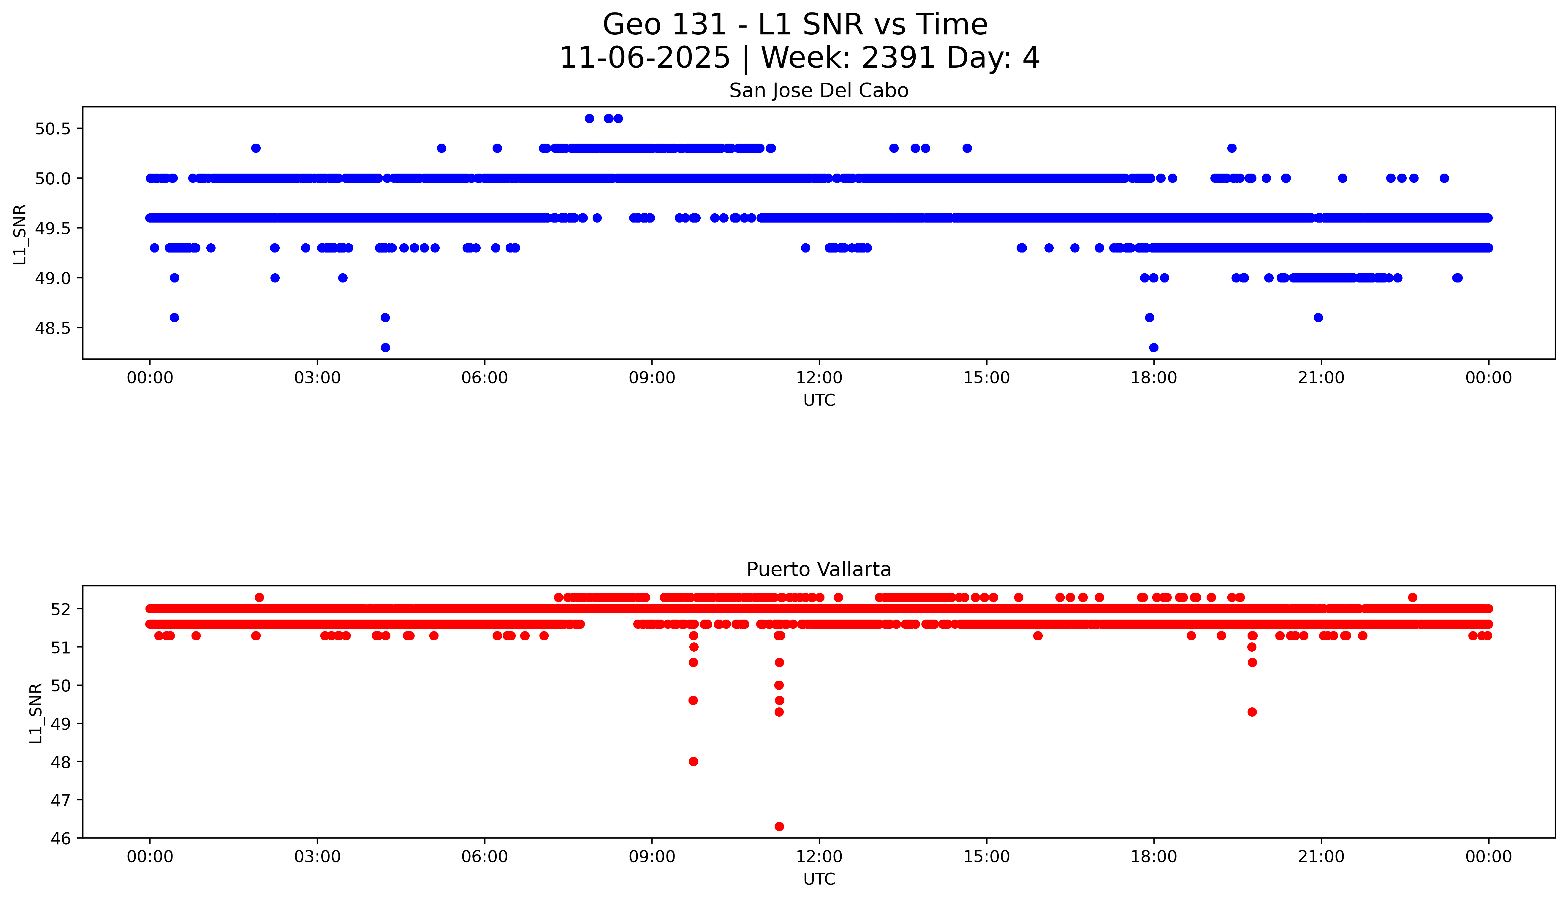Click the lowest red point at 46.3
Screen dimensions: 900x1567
779,826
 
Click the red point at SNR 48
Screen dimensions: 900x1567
693,761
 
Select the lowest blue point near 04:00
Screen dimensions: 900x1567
385,347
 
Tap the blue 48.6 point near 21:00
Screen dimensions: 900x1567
1318,318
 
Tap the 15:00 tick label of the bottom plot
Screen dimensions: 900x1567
986,857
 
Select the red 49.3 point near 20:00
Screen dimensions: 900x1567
1252,712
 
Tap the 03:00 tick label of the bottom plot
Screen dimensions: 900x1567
317,857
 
